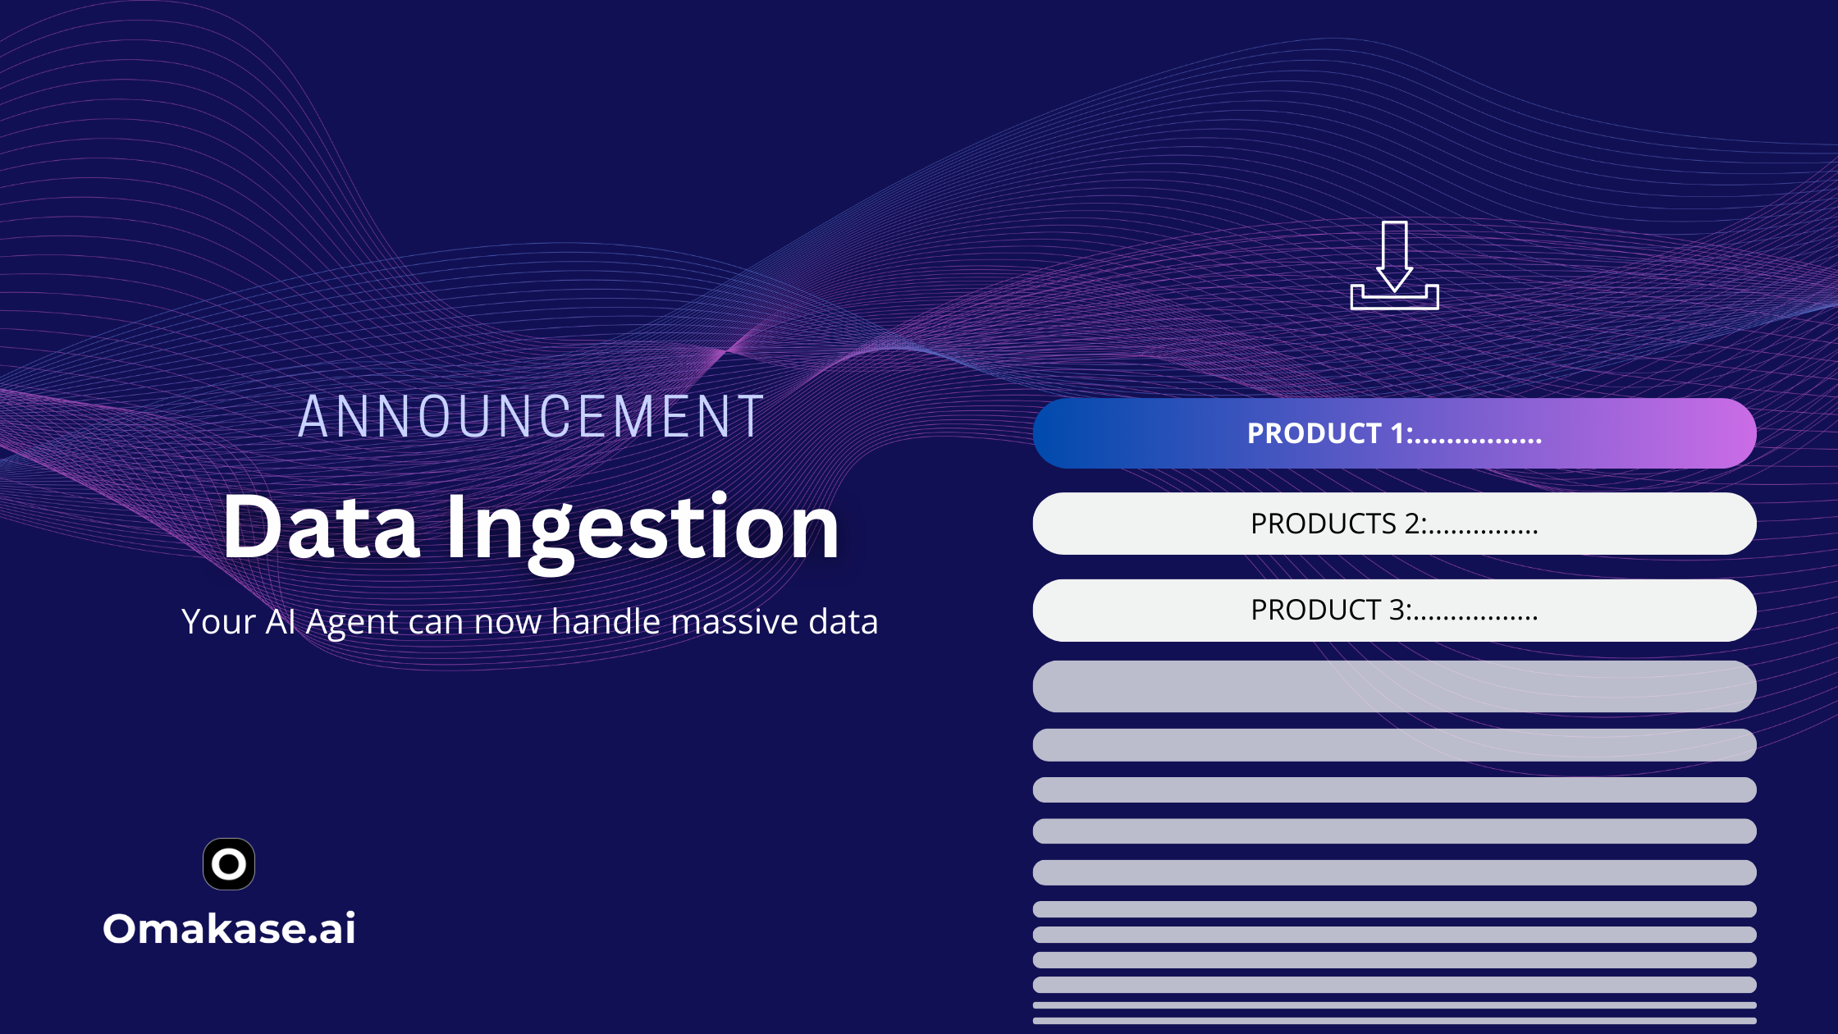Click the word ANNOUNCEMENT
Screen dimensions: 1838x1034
(x=531, y=416)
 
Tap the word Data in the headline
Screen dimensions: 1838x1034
(x=321, y=527)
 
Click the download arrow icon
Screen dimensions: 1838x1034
(x=1394, y=265)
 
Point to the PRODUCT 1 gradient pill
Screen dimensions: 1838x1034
(x=1394, y=433)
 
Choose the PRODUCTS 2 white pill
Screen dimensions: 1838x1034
(x=1394, y=524)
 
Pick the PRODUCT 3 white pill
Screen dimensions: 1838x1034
(x=1394, y=611)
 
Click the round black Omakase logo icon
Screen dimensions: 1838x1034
(x=229, y=864)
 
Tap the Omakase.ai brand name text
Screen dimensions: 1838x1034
(x=229, y=928)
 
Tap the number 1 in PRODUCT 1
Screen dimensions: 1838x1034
(x=1397, y=433)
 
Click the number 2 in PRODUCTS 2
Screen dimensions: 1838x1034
(x=1412, y=524)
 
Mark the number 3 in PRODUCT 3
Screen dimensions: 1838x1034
(x=1397, y=611)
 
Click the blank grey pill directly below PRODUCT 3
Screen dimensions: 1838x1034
(x=1394, y=686)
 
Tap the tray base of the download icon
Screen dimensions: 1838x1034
(x=1394, y=298)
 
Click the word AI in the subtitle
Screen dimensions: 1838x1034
(x=281, y=621)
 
